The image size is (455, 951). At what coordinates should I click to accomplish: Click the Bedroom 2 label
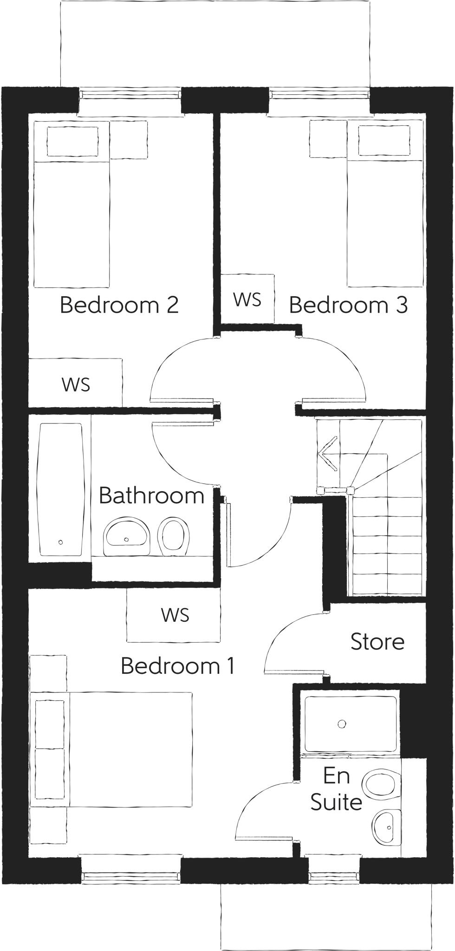(119, 305)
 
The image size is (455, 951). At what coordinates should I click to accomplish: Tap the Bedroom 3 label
(348, 305)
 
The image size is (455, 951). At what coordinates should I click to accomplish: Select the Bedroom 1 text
(177, 665)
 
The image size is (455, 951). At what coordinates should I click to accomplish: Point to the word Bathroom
(151, 495)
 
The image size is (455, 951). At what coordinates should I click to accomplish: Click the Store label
(377, 641)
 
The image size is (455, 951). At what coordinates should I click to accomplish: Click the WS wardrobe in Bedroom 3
(247, 300)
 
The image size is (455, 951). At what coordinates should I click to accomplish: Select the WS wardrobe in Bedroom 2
(76, 384)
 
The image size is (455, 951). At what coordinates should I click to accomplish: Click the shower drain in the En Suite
(342, 723)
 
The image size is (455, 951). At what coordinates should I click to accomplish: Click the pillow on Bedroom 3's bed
(384, 141)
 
